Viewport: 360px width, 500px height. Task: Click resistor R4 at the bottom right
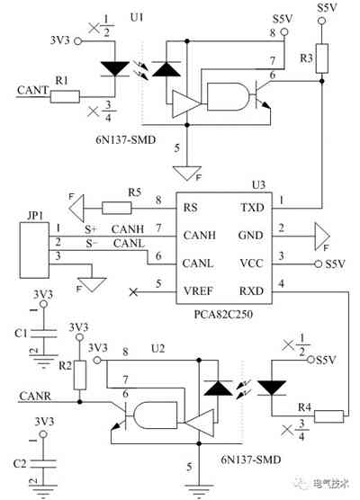tap(330, 415)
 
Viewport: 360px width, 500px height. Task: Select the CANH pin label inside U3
tap(198, 233)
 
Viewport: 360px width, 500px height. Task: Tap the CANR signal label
tap(34, 393)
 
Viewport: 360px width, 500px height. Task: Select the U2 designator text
tap(157, 347)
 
